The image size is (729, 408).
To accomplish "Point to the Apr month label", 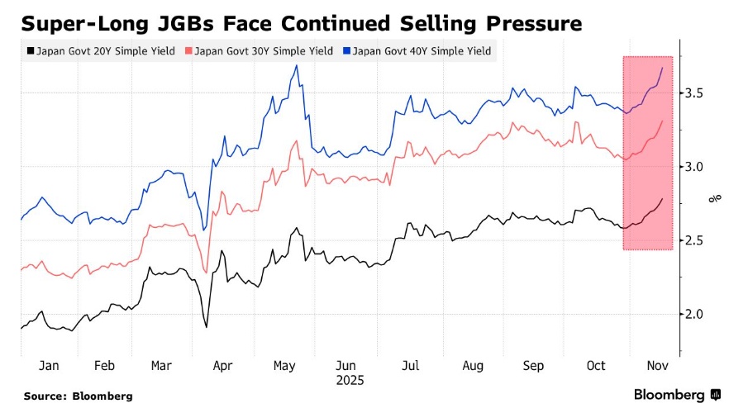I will (222, 365).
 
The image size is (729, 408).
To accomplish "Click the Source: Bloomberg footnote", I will (78, 396).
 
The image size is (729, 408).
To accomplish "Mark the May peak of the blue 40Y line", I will (296, 65).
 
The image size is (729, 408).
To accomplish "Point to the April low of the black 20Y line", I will (206, 327).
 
